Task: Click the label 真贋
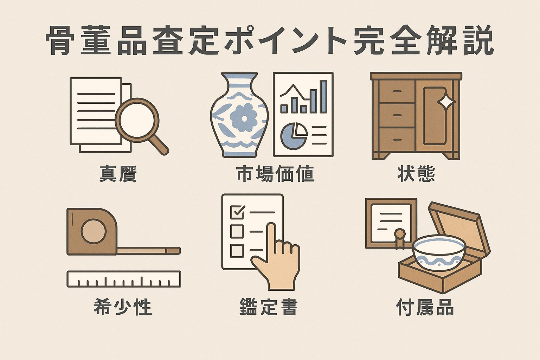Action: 117,174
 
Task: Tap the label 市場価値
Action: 275,174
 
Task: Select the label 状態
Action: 416,174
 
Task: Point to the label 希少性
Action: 123,307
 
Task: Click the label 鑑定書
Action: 269,307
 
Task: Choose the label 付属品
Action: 425,307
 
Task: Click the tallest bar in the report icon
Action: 323,96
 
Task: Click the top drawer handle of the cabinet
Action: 397,91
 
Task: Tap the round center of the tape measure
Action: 93,231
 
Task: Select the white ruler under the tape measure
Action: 124,279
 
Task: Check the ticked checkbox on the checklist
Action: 237,211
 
